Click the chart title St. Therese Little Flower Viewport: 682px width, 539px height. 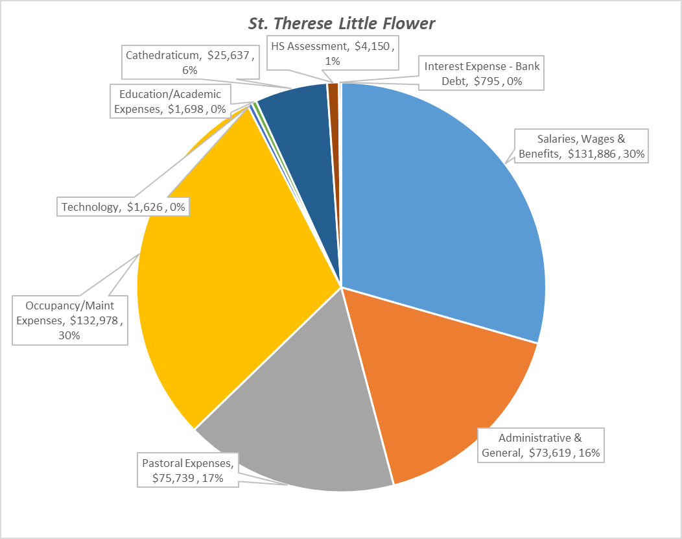(342, 24)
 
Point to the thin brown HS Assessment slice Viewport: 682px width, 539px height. (333, 130)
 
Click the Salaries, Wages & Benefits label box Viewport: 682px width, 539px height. (583, 146)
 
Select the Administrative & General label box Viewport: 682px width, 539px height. (541, 445)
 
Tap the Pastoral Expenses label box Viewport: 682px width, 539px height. (188, 471)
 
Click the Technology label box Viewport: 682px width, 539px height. (123, 207)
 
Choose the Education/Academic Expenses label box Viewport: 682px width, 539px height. (170, 102)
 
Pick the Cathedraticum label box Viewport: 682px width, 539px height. (190, 62)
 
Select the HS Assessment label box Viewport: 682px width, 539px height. (332, 53)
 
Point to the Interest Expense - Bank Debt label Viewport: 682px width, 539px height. (482, 73)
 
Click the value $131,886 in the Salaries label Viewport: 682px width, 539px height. (597, 154)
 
